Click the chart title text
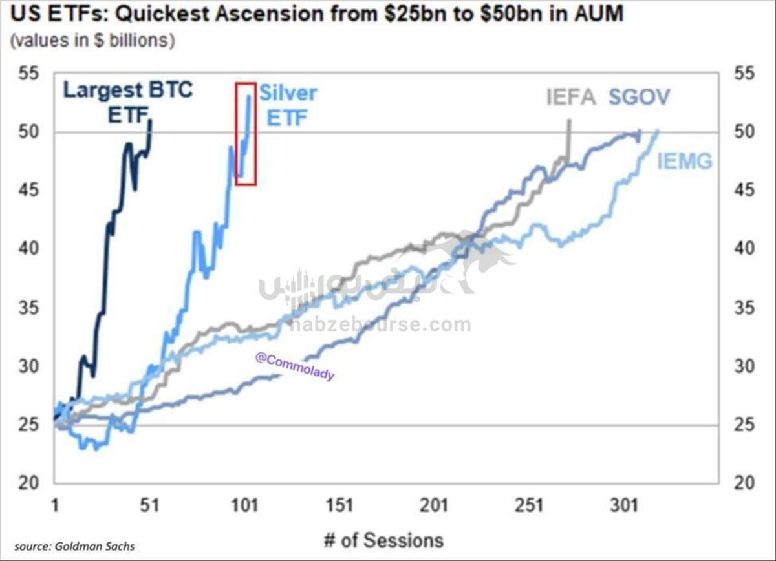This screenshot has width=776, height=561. pyautogui.click(x=317, y=14)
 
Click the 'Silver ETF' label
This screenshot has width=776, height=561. pyautogui.click(x=288, y=105)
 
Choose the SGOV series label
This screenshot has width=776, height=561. pyautogui.click(x=639, y=98)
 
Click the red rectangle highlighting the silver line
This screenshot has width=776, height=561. pyautogui.click(x=246, y=134)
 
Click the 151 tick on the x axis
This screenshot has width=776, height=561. pyautogui.click(x=340, y=504)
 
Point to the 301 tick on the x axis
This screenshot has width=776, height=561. pyautogui.click(x=626, y=504)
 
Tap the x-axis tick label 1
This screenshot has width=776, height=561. pyautogui.click(x=55, y=504)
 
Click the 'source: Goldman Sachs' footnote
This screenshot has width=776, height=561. pyautogui.click(x=74, y=546)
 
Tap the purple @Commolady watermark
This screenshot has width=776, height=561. pyautogui.click(x=295, y=366)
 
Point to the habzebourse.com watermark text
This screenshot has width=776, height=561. pyautogui.click(x=380, y=324)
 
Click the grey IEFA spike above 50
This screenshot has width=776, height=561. pyautogui.click(x=569, y=132)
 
